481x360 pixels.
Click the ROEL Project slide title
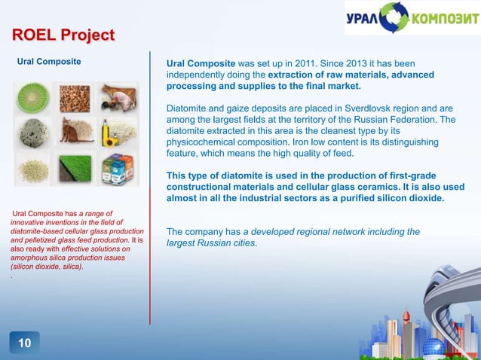[63, 35]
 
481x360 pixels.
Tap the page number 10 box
[24, 343]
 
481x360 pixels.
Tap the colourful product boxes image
[121, 166]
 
